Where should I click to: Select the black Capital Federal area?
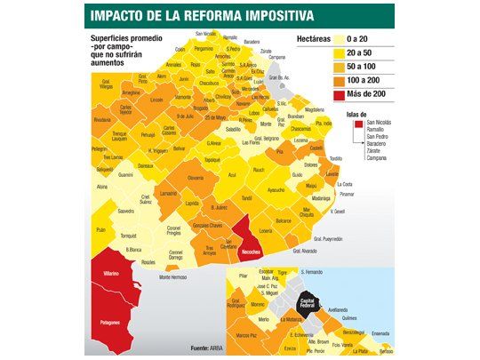pyautogui.click(x=310, y=302)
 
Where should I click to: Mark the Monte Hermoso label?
pyautogui.click(x=175, y=277)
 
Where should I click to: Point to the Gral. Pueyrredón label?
pyautogui.click(x=324, y=238)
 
